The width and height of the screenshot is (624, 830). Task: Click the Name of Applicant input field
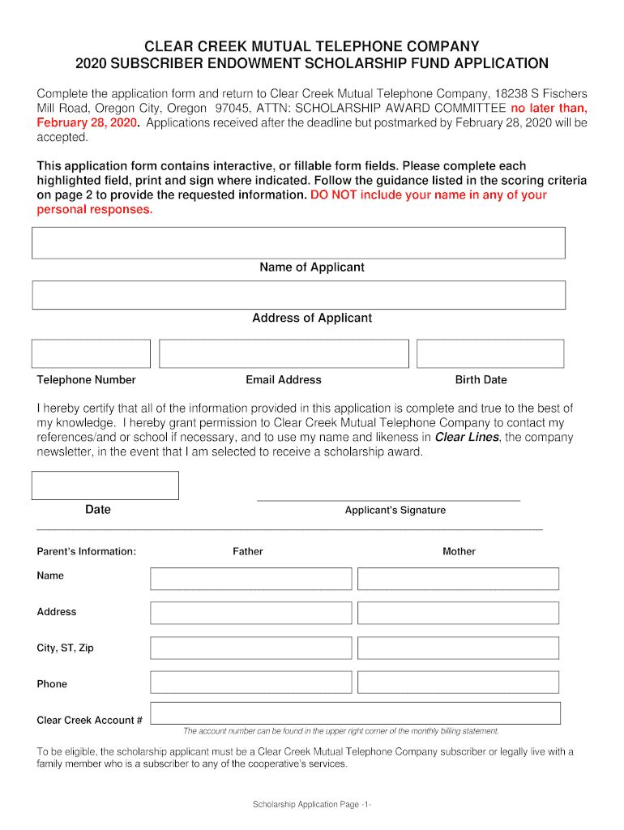[298, 243]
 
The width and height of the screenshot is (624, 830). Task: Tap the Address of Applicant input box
[298, 295]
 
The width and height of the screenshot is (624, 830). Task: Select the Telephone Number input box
[91, 354]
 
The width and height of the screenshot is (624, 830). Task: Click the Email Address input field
[284, 354]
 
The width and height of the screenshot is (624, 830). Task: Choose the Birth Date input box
[490, 354]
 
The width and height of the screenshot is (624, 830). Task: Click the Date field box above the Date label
[105, 486]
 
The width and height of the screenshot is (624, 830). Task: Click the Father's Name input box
[251, 579]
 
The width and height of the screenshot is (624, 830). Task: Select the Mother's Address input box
[458, 613]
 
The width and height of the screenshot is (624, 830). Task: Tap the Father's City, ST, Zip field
[251, 648]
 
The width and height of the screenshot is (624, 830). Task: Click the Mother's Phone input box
[458, 682]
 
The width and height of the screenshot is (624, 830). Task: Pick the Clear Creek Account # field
[356, 713]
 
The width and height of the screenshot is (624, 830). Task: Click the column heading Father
[248, 552]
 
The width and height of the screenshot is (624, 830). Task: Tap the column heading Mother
[459, 552]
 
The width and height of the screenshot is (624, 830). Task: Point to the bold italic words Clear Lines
[467, 438]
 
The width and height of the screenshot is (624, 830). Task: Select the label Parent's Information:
[87, 552]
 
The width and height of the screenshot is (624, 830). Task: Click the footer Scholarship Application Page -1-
[312, 804]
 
